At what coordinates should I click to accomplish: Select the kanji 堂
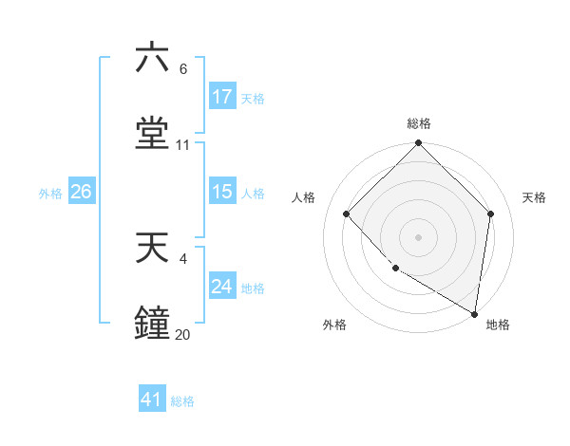tap(152, 132)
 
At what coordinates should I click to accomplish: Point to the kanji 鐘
tap(152, 323)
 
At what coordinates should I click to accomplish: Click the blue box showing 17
tap(222, 97)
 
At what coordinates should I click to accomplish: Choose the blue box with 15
tap(222, 192)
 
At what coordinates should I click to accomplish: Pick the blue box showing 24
tap(222, 287)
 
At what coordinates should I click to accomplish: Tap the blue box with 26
tap(81, 192)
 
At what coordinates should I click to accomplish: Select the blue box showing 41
tap(152, 400)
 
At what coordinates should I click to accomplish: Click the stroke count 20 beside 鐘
tap(182, 335)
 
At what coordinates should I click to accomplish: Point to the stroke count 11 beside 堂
tap(183, 145)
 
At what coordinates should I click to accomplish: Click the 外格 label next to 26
tap(50, 193)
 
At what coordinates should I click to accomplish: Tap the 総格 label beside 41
tap(182, 401)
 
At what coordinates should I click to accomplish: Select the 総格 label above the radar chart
tap(419, 123)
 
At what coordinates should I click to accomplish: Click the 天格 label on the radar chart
tap(535, 197)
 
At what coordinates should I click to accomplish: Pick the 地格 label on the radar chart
tap(498, 325)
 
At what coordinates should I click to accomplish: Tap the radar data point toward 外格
tap(395, 269)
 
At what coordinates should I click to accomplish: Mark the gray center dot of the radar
tap(419, 236)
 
